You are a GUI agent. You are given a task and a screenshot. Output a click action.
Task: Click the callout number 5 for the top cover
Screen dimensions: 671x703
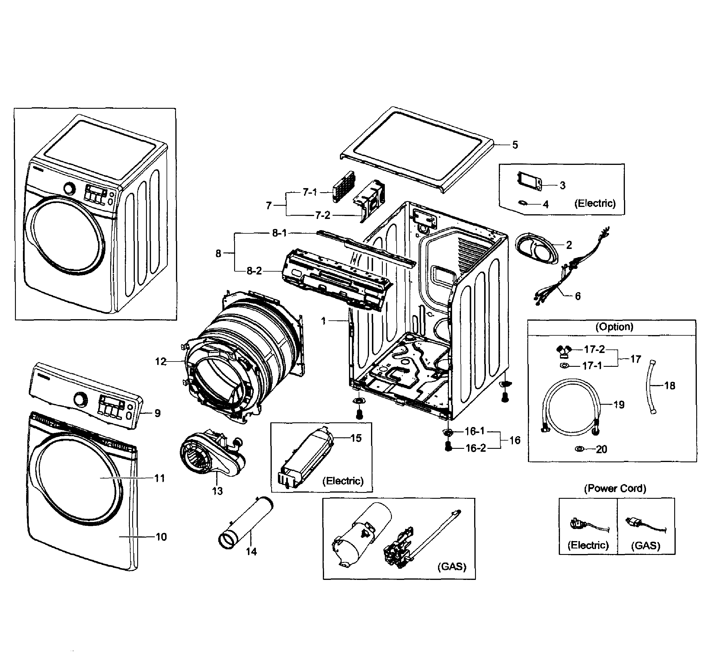[x=515, y=145]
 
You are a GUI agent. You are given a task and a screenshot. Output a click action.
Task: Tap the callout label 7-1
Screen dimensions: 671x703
[x=310, y=193]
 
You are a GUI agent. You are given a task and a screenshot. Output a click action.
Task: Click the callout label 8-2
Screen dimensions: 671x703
[x=254, y=271]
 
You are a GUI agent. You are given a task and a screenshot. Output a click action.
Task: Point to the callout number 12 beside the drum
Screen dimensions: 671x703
[x=161, y=362]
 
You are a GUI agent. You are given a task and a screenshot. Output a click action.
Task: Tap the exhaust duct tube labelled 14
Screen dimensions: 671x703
[x=246, y=523]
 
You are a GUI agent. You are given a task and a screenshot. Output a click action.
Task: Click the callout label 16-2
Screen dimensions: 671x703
[x=476, y=448]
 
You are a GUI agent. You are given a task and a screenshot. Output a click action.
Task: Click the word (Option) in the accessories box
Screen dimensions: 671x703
[x=614, y=327]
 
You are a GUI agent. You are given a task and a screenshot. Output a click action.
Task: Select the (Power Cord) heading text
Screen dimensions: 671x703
[x=615, y=488]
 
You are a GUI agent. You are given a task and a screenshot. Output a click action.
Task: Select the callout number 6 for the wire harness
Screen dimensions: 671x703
[x=578, y=296]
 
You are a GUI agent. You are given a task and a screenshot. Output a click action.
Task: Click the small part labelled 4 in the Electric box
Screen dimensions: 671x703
[x=524, y=203]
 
